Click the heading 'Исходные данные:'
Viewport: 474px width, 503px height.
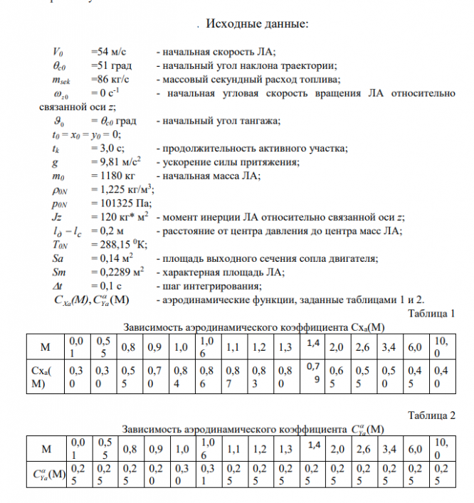[x=256, y=26]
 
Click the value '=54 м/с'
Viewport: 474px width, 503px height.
[x=109, y=53]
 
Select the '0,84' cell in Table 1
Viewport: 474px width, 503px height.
[x=180, y=377]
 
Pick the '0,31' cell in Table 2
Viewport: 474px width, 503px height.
[x=206, y=472]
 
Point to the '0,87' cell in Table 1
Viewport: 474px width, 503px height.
[x=232, y=377]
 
